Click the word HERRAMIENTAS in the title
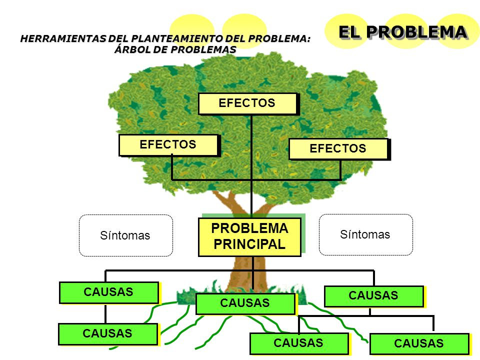pyautogui.click(x=63, y=38)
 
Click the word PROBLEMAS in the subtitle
pyautogui.click(x=203, y=49)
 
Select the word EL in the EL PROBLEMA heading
pyautogui.click(x=349, y=32)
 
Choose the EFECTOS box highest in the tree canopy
pyautogui.click(x=247, y=103)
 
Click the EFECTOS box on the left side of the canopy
pyautogui.click(x=168, y=145)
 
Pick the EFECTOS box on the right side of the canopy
pyautogui.click(x=338, y=149)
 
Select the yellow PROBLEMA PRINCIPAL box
pyautogui.click(x=249, y=237)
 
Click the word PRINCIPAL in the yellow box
pyautogui.click(x=249, y=244)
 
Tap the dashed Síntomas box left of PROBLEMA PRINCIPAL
pyautogui.click(x=126, y=235)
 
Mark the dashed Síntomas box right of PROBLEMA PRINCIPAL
pyautogui.click(x=366, y=235)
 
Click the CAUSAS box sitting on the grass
pyautogui.click(x=245, y=303)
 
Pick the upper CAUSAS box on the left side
pyautogui.click(x=109, y=292)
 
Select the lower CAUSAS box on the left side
pyautogui.click(x=108, y=334)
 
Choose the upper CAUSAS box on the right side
pyautogui.click(x=374, y=296)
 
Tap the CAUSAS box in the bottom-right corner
pyautogui.click(x=419, y=344)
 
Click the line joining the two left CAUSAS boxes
pyautogui.click(x=105, y=313)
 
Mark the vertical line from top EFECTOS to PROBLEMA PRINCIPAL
pyautogui.click(x=251, y=166)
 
